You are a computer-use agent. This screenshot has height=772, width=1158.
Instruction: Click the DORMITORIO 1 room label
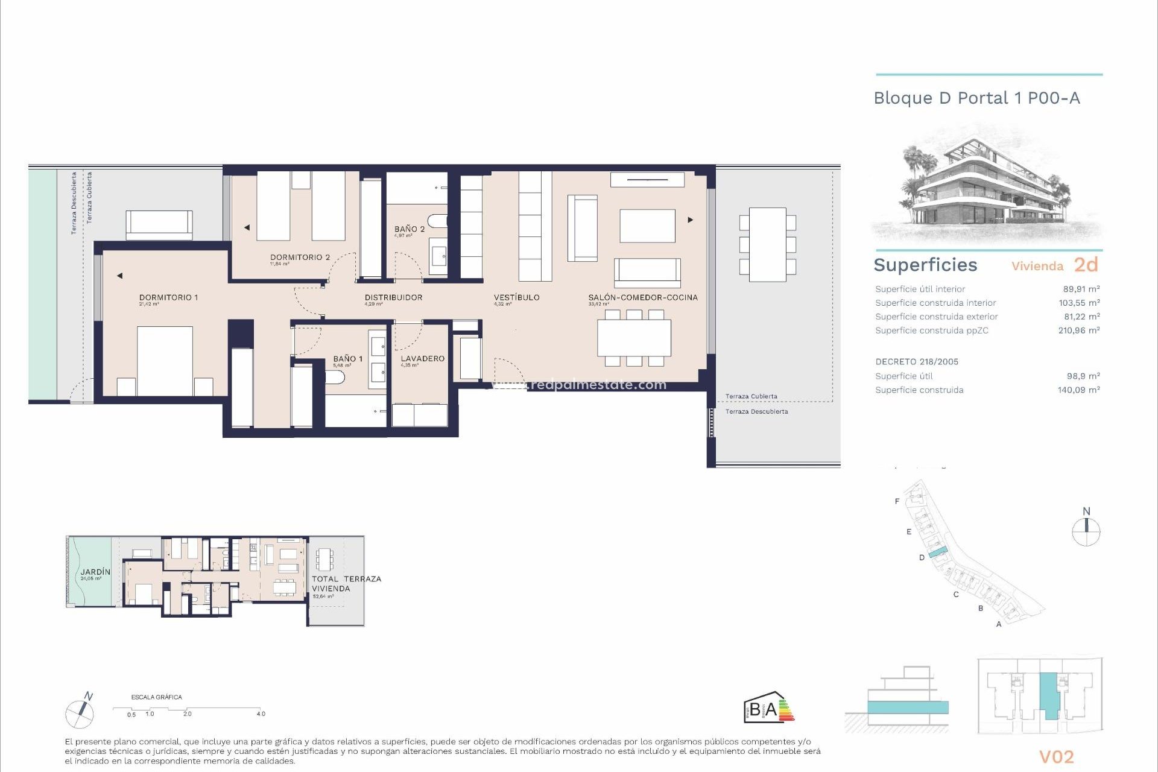(x=168, y=297)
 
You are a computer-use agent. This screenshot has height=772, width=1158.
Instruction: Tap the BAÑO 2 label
(x=410, y=229)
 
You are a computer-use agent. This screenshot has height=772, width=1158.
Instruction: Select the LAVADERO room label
(x=422, y=358)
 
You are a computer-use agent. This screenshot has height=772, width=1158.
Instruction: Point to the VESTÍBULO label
(x=516, y=297)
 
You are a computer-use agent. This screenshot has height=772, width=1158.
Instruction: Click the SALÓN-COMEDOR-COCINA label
(x=643, y=297)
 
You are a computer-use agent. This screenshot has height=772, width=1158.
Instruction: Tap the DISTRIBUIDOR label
(x=393, y=297)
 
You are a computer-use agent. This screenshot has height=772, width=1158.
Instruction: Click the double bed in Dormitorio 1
(x=165, y=361)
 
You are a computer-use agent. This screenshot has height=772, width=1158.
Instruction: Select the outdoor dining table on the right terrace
(x=767, y=244)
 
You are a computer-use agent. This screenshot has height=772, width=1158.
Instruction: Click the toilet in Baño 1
(x=335, y=378)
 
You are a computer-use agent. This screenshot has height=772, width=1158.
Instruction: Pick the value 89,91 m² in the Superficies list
(x=1081, y=289)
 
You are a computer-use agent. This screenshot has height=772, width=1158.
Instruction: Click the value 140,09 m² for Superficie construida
(x=1078, y=390)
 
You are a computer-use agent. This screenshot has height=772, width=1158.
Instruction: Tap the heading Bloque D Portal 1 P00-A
(x=976, y=98)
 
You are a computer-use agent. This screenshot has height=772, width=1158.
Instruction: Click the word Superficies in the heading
(x=925, y=265)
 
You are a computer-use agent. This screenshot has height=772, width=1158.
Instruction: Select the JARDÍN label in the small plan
(x=96, y=572)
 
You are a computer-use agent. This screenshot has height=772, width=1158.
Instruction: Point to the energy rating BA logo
(x=768, y=708)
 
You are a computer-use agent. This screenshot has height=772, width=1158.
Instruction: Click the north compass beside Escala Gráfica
(x=80, y=712)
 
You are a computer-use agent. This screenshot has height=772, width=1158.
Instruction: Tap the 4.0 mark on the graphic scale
(x=261, y=714)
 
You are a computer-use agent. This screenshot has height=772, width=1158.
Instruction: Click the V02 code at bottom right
(x=1056, y=757)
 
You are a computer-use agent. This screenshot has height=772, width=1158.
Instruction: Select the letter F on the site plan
(x=897, y=501)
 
